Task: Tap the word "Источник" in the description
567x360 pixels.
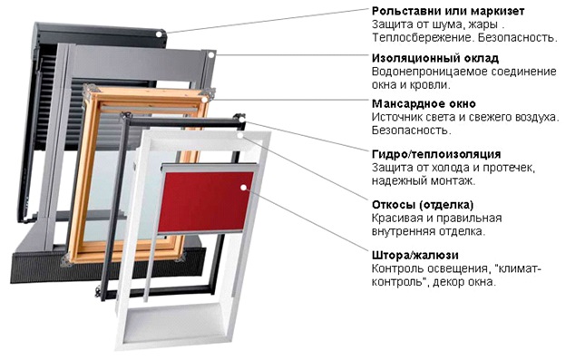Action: (399, 119)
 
